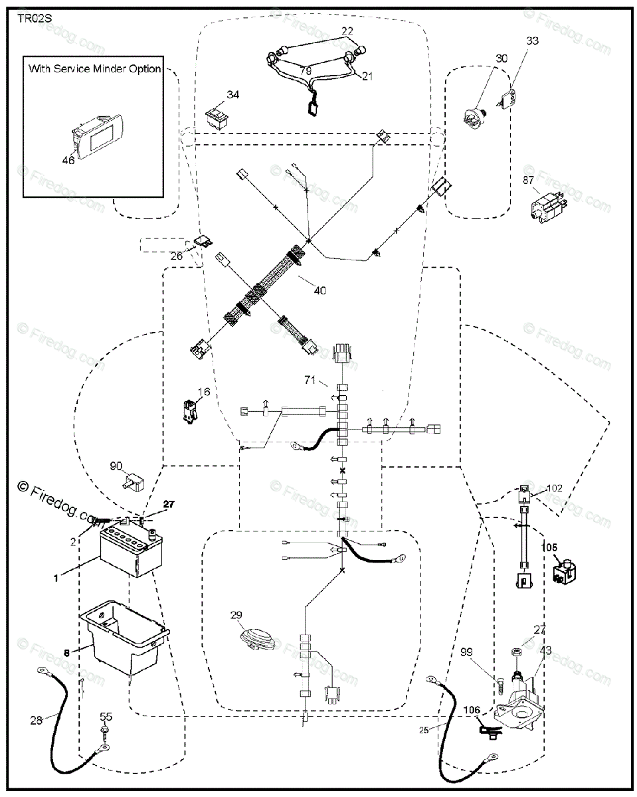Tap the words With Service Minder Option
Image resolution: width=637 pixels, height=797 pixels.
[x=94, y=68]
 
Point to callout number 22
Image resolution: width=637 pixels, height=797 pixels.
[x=347, y=31]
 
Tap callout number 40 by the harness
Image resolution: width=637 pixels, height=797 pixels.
[x=320, y=290]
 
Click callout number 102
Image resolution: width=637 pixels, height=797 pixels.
[x=554, y=488]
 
